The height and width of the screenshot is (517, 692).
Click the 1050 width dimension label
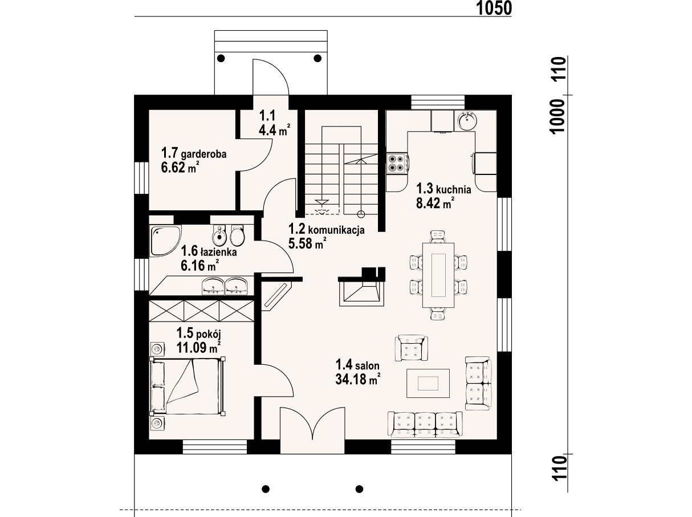pos(494,8)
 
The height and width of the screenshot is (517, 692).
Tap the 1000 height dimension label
pos(557,117)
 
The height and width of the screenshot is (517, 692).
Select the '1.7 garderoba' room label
pos(194,153)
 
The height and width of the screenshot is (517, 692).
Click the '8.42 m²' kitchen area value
pos(435,203)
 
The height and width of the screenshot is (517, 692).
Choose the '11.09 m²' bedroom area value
pos(198,347)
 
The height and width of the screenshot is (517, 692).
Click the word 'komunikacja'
pos(336,230)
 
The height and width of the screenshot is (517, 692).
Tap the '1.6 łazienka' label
pos(209,251)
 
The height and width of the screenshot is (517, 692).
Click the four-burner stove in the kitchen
pos(397,164)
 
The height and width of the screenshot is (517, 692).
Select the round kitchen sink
pos(467,120)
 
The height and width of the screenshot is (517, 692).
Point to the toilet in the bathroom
pos(237,235)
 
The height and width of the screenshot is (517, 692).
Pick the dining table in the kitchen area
pos(438,275)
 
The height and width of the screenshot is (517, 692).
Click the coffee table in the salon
pos(428,384)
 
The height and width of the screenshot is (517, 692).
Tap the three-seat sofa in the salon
pos(425,424)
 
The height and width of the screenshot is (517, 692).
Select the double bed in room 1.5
pos(188,386)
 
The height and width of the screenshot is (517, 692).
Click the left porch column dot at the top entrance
pos(221,58)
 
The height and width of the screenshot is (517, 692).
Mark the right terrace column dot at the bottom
pos(359,489)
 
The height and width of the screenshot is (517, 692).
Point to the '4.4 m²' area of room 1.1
pos(274,129)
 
